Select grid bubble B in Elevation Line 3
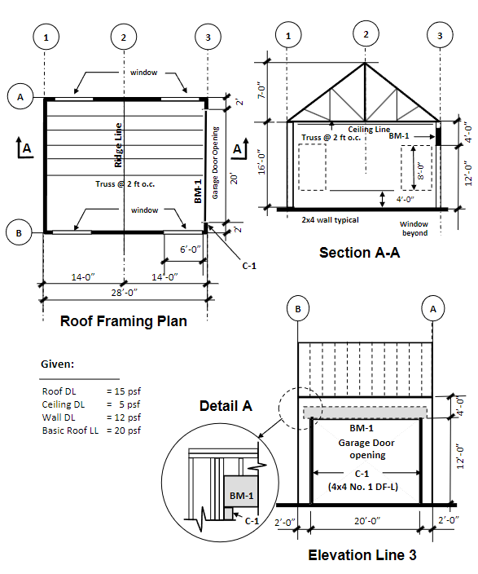298,309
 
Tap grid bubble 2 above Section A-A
366,33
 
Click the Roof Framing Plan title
124,321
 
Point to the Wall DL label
59,417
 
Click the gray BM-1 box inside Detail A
240,496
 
